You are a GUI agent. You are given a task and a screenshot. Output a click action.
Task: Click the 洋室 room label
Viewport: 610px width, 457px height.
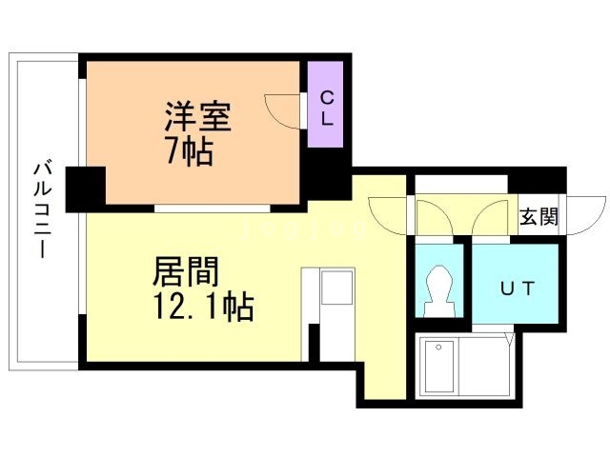tap(198, 117)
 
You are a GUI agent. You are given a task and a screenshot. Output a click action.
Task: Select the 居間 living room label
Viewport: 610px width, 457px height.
tap(187, 272)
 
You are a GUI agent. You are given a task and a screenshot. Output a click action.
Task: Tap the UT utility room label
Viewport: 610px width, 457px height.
tap(516, 288)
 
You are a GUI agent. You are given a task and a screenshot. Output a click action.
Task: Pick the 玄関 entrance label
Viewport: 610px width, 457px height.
tap(539, 217)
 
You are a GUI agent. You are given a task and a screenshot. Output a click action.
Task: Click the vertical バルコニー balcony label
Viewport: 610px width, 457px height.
tap(43, 211)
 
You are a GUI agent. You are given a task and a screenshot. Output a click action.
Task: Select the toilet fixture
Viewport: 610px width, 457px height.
tap(438, 289)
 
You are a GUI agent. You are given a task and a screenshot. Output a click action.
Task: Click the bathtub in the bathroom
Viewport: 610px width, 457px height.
tap(441, 366)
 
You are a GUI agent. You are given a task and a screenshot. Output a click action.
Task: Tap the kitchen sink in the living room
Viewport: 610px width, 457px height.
tap(335, 287)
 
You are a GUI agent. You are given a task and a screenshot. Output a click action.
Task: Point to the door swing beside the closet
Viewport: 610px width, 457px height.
tap(284, 109)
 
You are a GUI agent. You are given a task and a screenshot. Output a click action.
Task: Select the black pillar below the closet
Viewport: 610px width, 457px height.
tap(330, 176)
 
